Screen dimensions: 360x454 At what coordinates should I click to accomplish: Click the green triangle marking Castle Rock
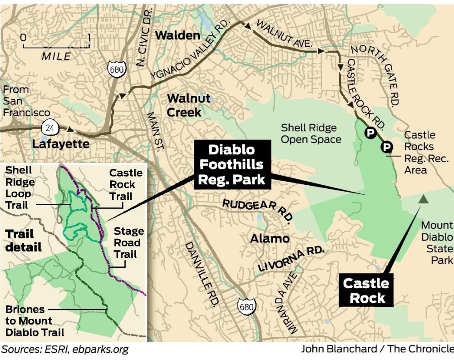[x=423, y=198]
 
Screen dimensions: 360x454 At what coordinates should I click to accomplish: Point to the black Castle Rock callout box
[x=366, y=291]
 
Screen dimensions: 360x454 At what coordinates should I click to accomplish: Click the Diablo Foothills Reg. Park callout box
[x=232, y=164]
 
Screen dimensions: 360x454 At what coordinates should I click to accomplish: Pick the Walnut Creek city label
[x=189, y=105]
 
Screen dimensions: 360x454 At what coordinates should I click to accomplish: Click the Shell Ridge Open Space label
[x=311, y=133]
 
